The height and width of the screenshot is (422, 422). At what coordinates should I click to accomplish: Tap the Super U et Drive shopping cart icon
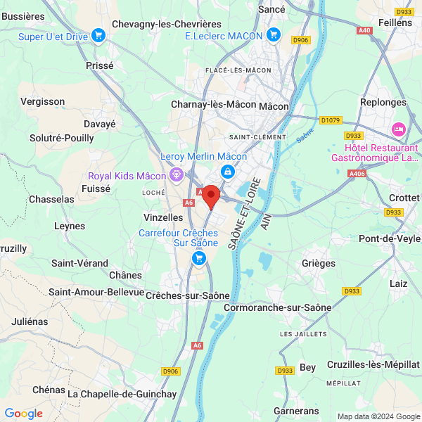[x=98, y=35]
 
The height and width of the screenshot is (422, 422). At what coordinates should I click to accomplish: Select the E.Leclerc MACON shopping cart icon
[x=274, y=34]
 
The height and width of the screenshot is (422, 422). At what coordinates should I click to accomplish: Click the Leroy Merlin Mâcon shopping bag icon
[x=228, y=171]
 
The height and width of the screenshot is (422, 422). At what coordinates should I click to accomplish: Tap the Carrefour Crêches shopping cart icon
[x=199, y=260]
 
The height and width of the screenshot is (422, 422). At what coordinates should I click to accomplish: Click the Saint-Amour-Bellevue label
[x=96, y=291]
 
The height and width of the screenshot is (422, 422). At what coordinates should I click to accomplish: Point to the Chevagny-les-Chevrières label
[x=167, y=25]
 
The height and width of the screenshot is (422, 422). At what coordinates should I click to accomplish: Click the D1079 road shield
[x=329, y=120]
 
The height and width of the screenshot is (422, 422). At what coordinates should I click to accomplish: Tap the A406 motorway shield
[x=357, y=173]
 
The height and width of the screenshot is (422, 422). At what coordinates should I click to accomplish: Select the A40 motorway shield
[x=364, y=30]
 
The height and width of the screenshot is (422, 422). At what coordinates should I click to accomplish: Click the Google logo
[x=23, y=414]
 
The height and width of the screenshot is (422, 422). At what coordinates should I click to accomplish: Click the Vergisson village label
[x=42, y=101]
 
